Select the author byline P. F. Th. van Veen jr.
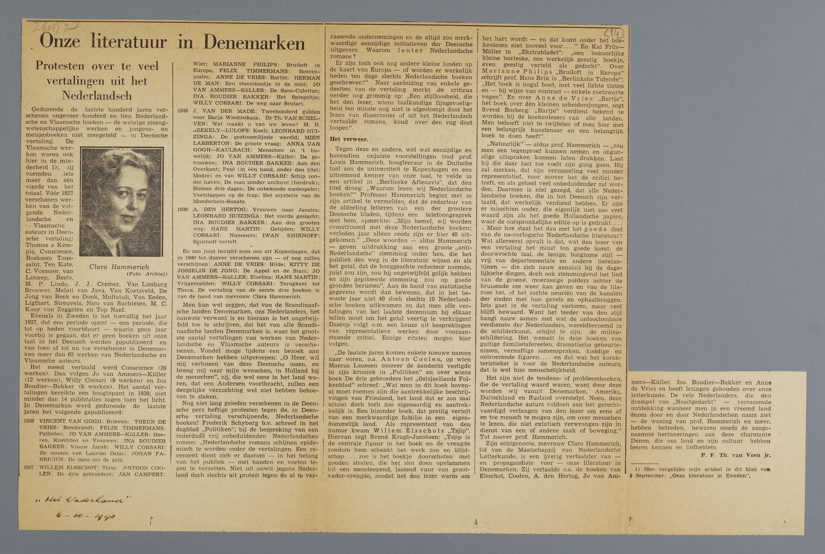(735, 455)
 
